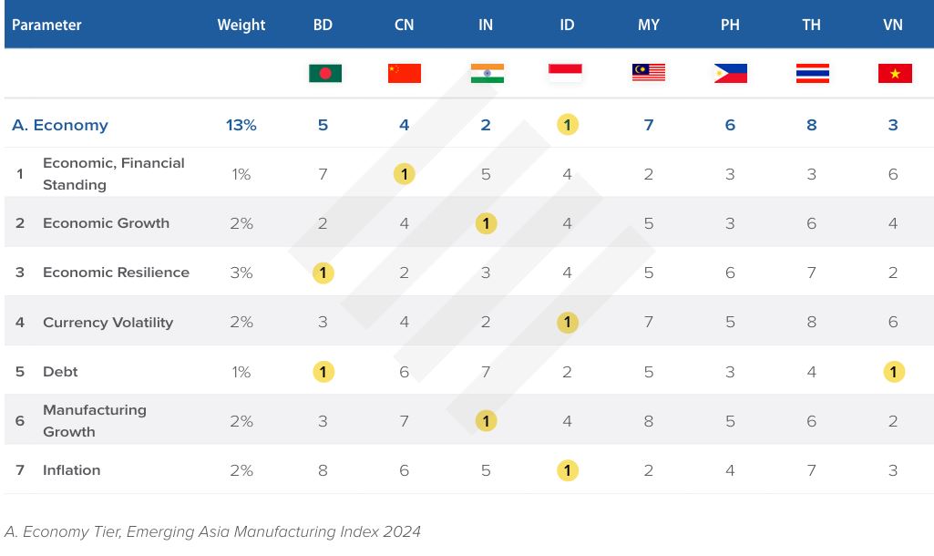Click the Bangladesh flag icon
(x=325, y=73)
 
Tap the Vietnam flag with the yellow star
(x=895, y=73)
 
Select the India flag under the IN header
(x=488, y=73)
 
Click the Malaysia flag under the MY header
(x=649, y=73)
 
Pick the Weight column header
(x=241, y=25)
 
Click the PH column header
(x=730, y=25)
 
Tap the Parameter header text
(x=46, y=25)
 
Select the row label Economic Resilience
(x=116, y=273)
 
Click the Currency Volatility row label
(x=108, y=323)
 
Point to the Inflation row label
(x=71, y=470)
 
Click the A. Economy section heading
(x=60, y=125)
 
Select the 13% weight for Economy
(x=241, y=125)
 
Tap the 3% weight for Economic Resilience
(x=241, y=273)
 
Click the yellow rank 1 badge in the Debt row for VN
(x=894, y=372)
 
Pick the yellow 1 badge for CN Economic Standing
(x=405, y=174)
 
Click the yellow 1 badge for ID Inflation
(x=567, y=470)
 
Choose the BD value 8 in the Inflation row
(x=323, y=471)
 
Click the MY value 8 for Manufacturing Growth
(x=649, y=421)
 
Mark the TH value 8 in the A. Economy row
(x=811, y=125)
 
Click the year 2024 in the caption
(x=402, y=531)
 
